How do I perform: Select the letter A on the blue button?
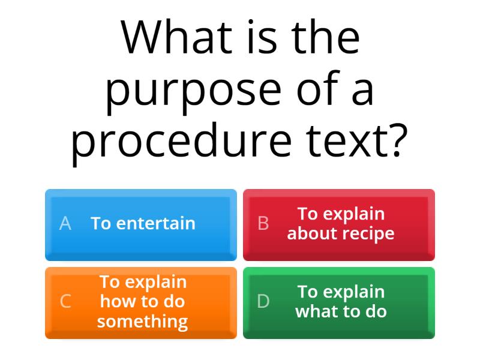pos(65,224)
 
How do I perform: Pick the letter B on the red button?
pos(263,224)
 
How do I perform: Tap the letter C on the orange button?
pos(65,301)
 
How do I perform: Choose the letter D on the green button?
pos(263,301)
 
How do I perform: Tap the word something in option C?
pos(143,322)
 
